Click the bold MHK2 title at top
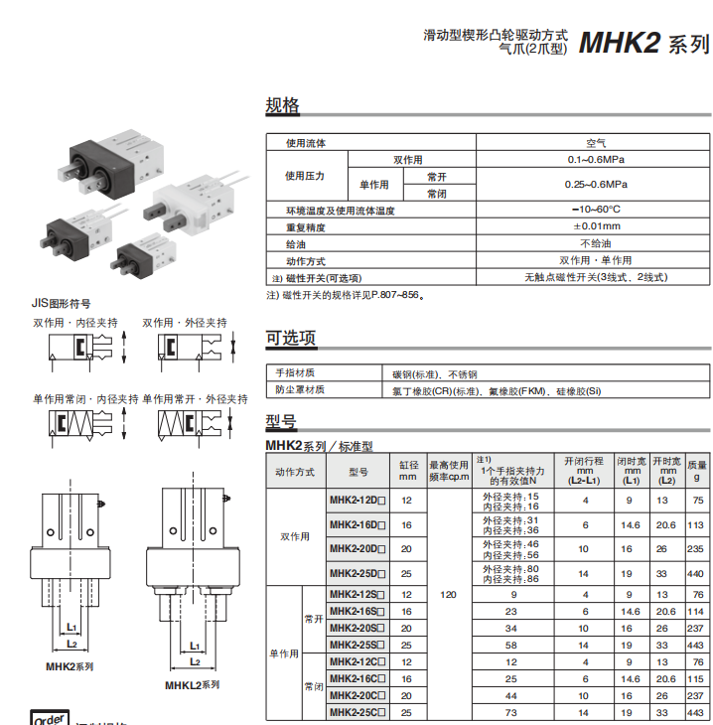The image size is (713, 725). (620, 44)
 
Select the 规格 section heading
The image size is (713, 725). (282, 106)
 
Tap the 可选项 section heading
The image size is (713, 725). (291, 338)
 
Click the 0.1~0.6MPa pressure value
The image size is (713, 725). (596, 159)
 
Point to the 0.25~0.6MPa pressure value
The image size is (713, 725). (596, 185)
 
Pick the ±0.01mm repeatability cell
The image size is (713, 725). (596, 226)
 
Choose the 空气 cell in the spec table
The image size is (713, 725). (596, 143)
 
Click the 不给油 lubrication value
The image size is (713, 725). (596, 243)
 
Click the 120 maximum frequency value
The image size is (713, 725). (448, 593)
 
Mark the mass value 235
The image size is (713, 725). (696, 548)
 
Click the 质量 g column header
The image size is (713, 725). (697, 471)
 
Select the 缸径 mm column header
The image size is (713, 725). (407, 471)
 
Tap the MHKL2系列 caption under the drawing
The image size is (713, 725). (192, 684)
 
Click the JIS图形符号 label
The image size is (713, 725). (62, 303)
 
